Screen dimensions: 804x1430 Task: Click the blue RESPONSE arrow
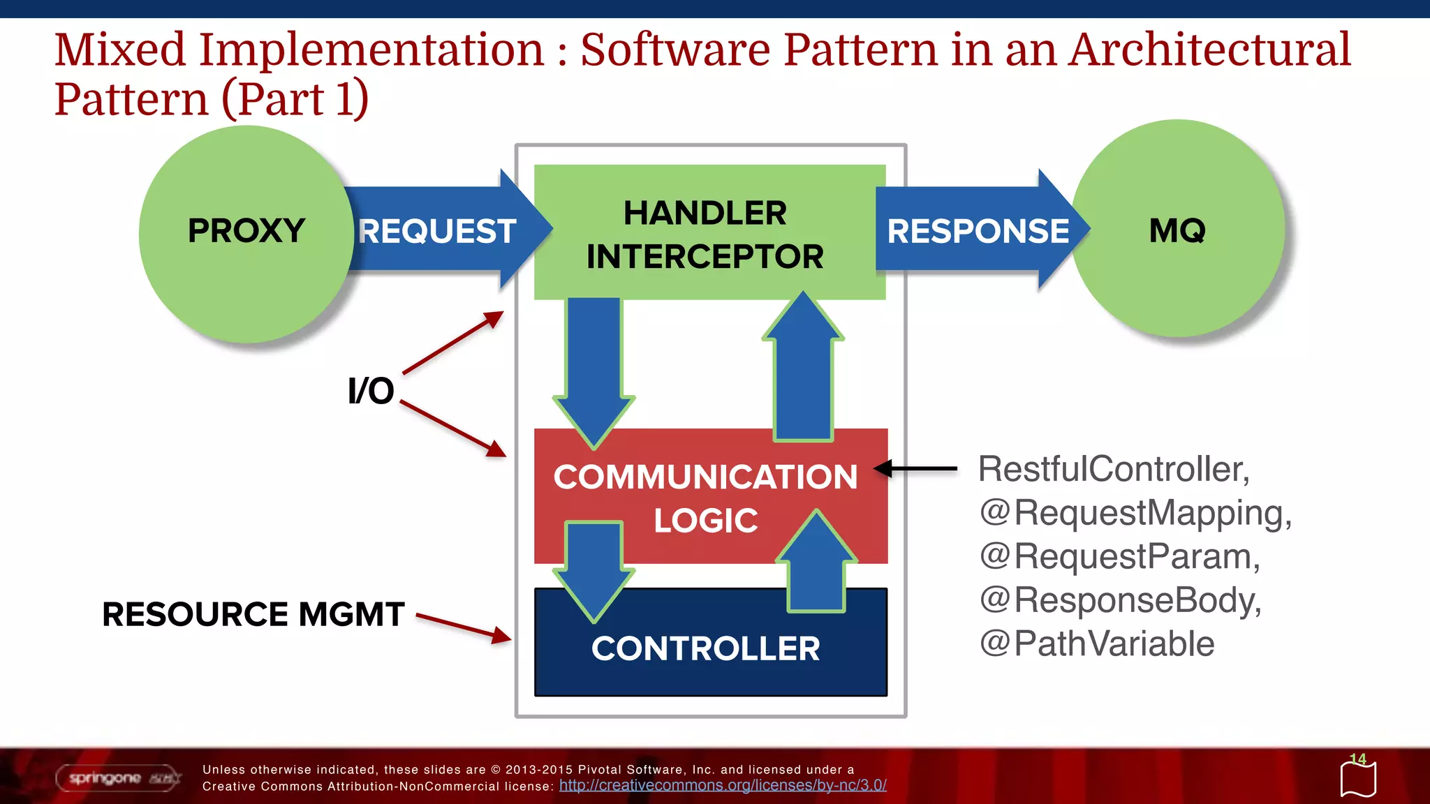point(978,230)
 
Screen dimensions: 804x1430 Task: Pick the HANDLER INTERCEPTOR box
point(705,233)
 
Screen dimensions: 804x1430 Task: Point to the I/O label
point(371,391)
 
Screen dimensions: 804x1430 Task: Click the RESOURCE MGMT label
point(253,615)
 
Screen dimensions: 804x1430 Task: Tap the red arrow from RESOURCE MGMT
point(464,626)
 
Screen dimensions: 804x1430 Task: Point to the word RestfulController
point(1113,469)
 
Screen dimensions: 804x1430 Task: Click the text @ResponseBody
point(1120,600)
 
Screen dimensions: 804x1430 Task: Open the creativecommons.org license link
point(723,785)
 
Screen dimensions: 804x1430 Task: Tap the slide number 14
point(1357,759)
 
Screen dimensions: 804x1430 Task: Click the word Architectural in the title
point(1209,50)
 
